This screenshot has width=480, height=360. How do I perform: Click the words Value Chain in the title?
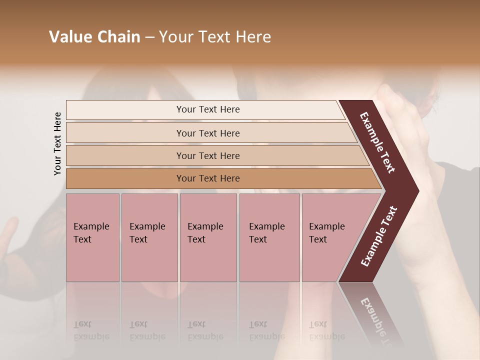pyautogui.click(x=94, y=37)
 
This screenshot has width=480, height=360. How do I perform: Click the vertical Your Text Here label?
pyautogui.click(x=57, y=143)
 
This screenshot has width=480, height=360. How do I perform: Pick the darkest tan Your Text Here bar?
pyautogui.click(x=125, y=178)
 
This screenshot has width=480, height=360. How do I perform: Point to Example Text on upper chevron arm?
pyautogui.click(x=377, y=143)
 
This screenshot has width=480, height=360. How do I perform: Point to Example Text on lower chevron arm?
pyautogui.click(x=378, y=236)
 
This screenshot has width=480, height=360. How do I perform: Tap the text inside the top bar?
pyautogui.click(x=208, y=109)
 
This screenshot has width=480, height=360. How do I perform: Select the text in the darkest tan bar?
pyautogui.click(x=208, y=178)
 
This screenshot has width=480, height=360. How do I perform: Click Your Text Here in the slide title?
pyautogui.click(x=215, y=37)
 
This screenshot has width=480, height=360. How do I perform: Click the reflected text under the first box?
pyautogui.click(x=91, y=330)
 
